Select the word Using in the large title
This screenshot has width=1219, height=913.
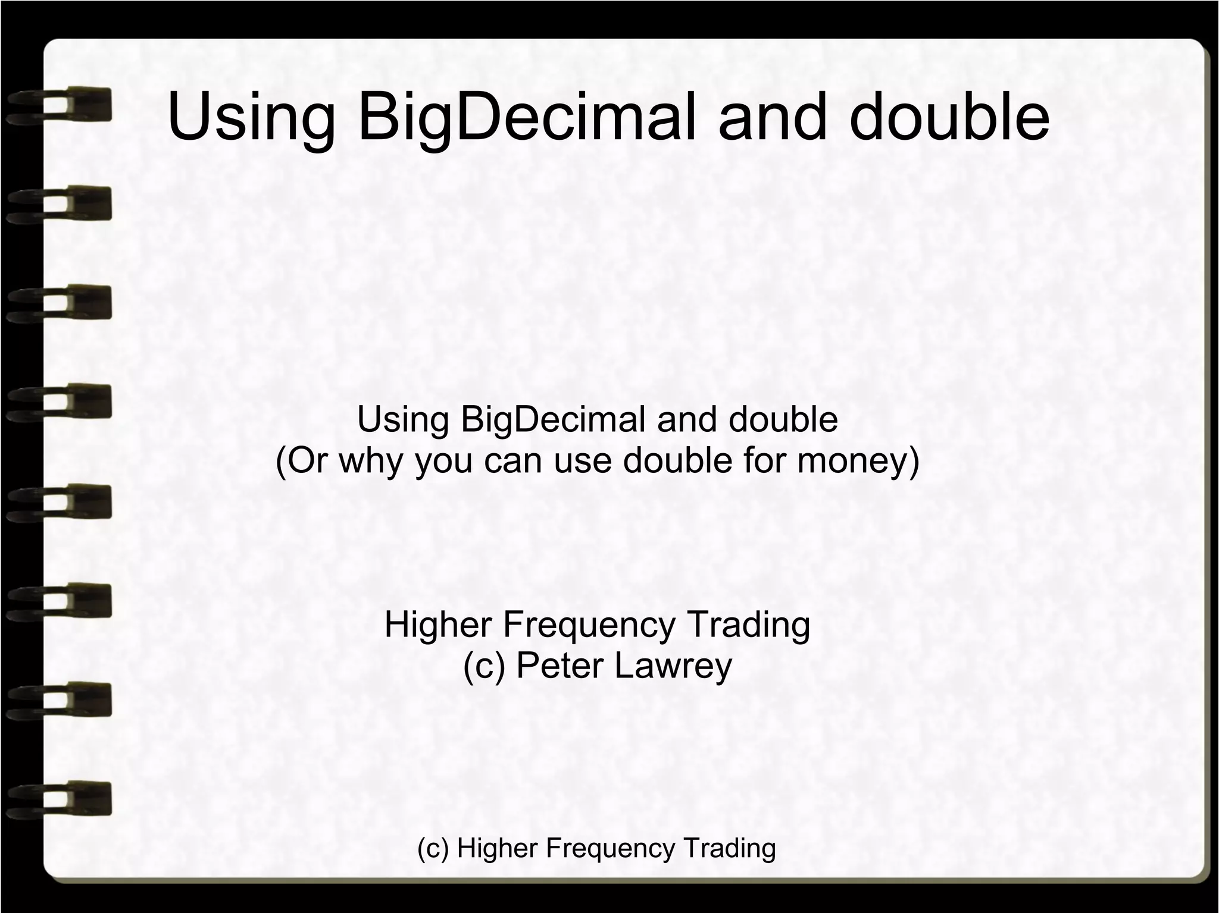[251, 117]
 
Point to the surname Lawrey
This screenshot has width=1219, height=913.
[673, 666]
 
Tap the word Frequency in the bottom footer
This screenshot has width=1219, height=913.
[610, 848]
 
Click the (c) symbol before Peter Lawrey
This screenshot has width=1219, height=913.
[484, 666]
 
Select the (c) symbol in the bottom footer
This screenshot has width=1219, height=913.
[433, 848]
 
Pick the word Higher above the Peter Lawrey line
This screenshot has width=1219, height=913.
[438, 625]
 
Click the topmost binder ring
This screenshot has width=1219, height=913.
[60, 105]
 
